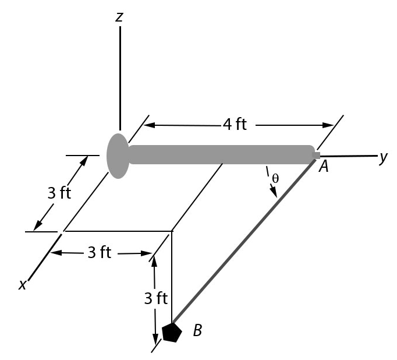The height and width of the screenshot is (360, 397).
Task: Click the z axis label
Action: click(119, 16)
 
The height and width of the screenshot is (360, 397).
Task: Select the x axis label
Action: click(23, 285)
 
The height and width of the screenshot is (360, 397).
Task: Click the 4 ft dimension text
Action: click(235, 124)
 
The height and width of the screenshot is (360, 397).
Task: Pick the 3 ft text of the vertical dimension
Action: click(155, 298)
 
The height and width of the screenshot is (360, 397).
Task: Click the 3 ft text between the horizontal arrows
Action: click(99, 252)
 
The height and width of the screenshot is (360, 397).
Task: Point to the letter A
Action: click(324, 167)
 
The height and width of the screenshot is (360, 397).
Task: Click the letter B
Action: click(197, 331)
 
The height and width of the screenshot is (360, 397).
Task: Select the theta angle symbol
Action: click(275, 178)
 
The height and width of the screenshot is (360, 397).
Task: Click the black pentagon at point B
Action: click(172, 333)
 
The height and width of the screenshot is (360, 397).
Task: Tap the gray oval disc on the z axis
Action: click(118, 156)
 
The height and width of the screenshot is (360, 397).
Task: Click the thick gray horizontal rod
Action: click(221, 154)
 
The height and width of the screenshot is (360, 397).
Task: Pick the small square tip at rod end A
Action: click(317, 155)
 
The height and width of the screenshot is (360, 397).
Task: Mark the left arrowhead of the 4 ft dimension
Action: click(148, 125)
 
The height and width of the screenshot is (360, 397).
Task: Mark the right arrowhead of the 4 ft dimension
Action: click(329, 125)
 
